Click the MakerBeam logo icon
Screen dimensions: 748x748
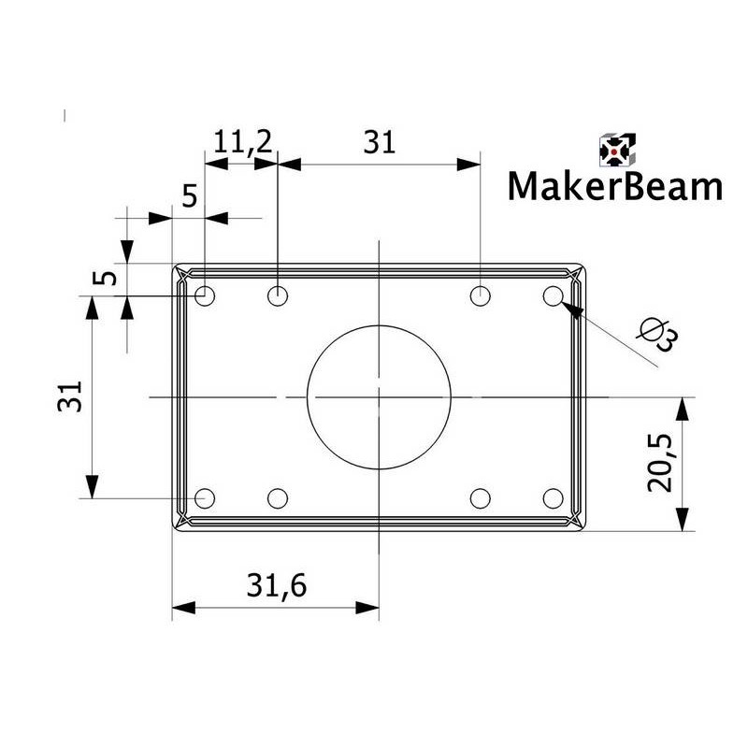[x=616, y=150]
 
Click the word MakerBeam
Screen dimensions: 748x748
[x=615, y=186]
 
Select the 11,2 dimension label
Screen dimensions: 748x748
[x=242, y=142]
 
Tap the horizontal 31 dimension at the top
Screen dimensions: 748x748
[x=380, y=142]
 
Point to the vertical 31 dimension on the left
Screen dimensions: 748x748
[x=71, y=396]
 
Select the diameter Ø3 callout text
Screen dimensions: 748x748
[x=655, y=335]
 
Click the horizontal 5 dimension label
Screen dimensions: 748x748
[x=189, y=196]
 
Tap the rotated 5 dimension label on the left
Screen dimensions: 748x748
[x=108, y=278]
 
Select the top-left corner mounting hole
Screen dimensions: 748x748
[x=206, y=296]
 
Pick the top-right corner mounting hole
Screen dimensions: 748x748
[x=553, y=296]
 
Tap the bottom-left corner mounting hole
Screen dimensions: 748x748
[x=206, y=497]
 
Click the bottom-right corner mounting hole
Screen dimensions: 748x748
[x=553, y=497]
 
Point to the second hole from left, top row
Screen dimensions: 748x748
[x=278, y=296]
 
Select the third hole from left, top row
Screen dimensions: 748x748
[x=480, y=296]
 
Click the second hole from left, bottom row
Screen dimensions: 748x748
[x=278, y=497]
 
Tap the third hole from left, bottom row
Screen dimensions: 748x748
[x=480, y=497]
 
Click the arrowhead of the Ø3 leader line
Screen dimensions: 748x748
[x=571, y=312]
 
